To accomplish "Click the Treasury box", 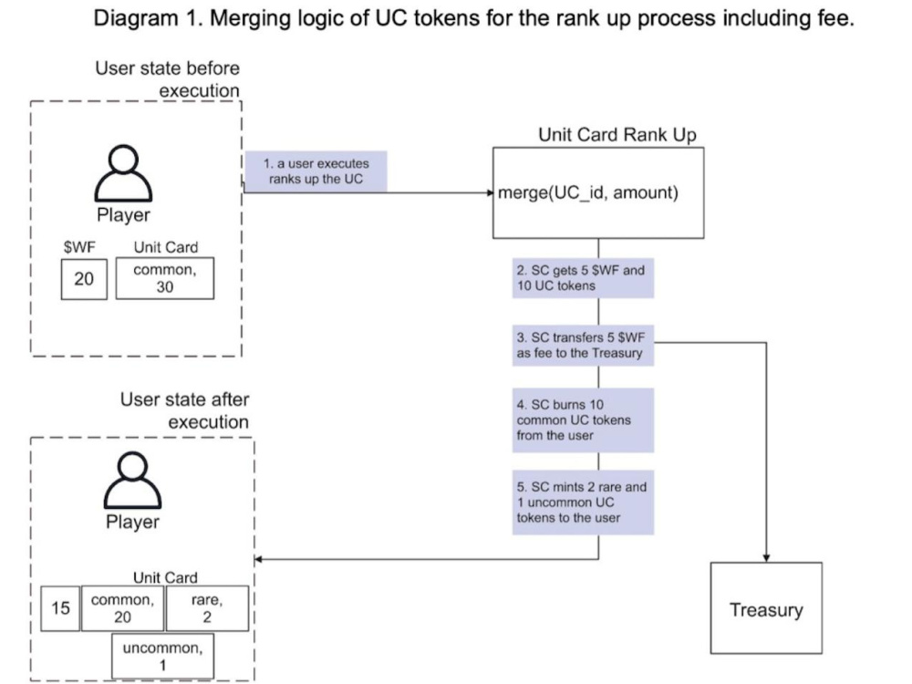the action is (x=766, y=607).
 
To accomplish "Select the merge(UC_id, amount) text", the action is (x=588, y=192).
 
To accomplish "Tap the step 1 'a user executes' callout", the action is (x=316, y=171).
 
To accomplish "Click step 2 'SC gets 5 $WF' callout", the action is (x=583, y=278).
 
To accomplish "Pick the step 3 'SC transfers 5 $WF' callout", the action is (x=583, y=345).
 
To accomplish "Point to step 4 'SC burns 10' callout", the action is (x=583, y=420).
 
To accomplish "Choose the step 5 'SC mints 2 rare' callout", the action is (x=583, y=502).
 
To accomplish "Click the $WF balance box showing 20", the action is (x=84, y=279).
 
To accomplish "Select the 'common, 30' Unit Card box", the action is (x=164, y=278).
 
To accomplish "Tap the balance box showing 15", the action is (x=60, y=608).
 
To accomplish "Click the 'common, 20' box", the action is (x=122, y=608).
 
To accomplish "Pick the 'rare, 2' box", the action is (x=207, y=608).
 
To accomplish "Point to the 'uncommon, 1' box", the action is (x=162, y=656).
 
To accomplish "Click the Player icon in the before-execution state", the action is (x=123, y=173).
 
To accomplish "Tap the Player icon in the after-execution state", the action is (x=132, y=481).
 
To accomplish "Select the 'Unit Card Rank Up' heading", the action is (x=617, y=135).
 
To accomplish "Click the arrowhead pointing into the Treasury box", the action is (x=766, y=558).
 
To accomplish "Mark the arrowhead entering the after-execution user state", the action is (x=258, y=560).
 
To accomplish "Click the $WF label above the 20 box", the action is (x=79, y=247).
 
